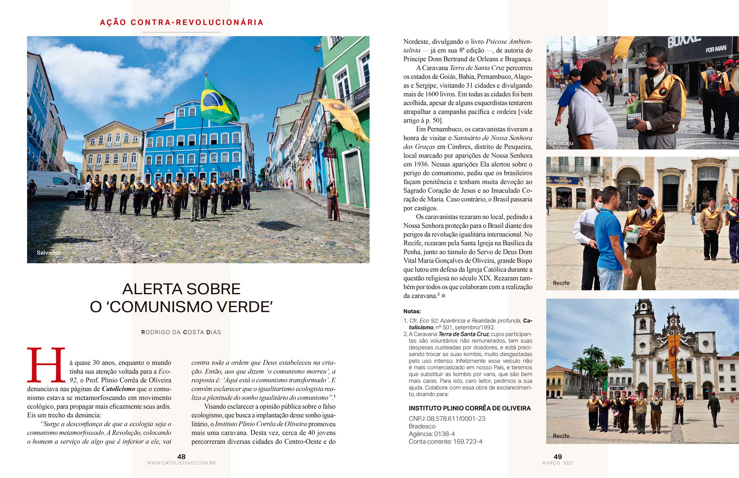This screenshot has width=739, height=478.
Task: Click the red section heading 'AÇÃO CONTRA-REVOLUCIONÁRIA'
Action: (182, 22)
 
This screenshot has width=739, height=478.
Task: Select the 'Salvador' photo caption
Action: (48, 252)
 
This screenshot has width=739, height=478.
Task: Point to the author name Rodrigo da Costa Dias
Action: (181, 332)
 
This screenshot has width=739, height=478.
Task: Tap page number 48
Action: (181, 457)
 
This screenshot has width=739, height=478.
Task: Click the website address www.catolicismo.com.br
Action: (181, 463)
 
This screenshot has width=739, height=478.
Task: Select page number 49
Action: (558, 457)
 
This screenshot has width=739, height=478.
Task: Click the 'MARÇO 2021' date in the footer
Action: (558, 463)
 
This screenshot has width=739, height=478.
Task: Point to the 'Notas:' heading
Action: (412, 311)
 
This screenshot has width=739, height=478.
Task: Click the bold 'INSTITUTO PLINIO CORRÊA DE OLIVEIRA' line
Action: (470, 408)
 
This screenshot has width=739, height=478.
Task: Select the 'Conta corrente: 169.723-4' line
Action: (445, 442)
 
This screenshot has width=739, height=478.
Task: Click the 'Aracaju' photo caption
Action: (563, 143)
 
